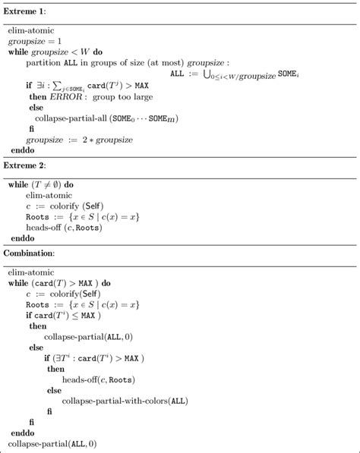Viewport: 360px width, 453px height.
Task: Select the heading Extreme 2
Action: click(x=26, y=165)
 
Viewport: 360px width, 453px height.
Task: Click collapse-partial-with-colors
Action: click(x=115, y=400)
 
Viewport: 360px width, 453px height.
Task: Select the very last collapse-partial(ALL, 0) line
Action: click(x=53, y=442)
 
